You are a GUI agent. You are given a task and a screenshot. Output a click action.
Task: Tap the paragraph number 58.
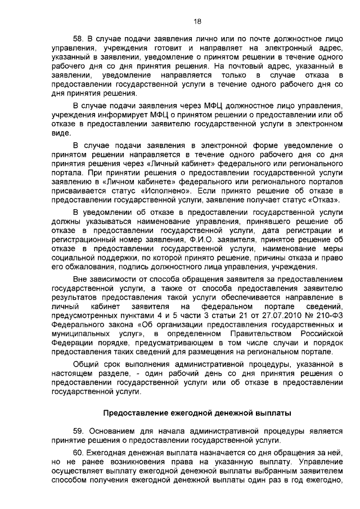[79, 39]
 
